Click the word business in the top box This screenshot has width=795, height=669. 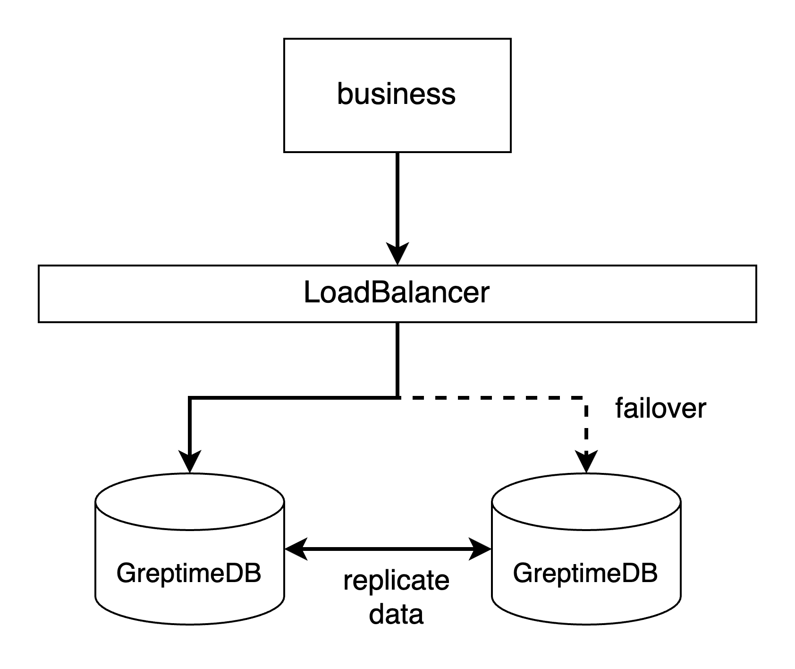point(396,94)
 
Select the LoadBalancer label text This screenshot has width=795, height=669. point(396,293)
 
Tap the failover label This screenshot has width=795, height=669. point(660,409)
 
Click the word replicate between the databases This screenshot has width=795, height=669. point(396,581)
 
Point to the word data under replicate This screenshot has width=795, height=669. point(396,615)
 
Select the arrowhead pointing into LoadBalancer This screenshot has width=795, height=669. point(397,255)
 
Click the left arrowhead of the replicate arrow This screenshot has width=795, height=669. point(296,549)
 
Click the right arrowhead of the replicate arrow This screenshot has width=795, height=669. point(481,549)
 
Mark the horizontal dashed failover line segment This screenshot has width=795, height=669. point(491,398)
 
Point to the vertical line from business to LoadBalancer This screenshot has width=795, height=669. point(397,198)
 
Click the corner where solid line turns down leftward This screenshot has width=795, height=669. point(190,398)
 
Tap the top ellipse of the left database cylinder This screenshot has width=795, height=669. point(189,501)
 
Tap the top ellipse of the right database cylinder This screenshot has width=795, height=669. point(586,501)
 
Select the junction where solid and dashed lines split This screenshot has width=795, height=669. point(397,398)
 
